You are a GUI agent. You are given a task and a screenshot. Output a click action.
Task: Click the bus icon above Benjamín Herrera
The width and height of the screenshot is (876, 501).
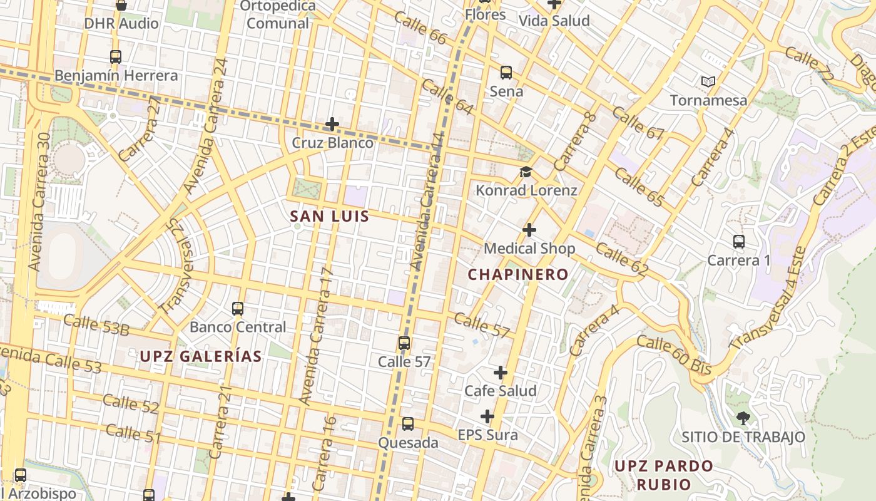coord(115,57)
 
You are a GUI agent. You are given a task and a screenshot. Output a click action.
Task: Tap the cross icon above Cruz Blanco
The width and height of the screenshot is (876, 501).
coord(332,124)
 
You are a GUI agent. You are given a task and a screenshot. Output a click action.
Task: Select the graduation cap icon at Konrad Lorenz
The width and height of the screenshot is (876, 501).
coord(526,172)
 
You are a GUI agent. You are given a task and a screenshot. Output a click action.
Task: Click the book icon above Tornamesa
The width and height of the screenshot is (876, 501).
coord(708,81)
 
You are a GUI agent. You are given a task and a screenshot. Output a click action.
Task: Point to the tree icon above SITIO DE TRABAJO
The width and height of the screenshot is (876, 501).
coord(743,418)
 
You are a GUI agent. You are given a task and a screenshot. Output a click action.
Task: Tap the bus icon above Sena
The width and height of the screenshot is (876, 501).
coord(506,73)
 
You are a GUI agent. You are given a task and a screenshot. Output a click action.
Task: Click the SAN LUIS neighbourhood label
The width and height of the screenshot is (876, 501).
coord(329,217)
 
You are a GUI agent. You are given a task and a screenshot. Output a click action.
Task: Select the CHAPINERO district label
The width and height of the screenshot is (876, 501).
coord(518,274)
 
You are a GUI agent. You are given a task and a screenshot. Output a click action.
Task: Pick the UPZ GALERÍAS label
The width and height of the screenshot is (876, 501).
coord(200,356)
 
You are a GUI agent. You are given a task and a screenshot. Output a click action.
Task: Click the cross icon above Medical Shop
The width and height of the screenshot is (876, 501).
coord(529,230)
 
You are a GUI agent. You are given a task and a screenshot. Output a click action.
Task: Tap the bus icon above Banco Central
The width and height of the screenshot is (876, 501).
coord(238,308)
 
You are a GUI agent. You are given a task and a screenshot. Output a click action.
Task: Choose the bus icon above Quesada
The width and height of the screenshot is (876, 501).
coord(408,424)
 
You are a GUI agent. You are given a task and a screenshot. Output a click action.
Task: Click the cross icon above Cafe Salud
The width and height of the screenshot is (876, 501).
coord(501,373)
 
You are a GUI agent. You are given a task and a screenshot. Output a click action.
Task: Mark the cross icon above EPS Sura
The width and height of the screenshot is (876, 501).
coord(487,416)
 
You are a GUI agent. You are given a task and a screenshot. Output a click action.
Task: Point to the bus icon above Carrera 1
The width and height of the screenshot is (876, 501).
coord(739,241)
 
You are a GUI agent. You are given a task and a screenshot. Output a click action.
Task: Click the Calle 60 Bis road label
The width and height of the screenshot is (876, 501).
coord(674,356)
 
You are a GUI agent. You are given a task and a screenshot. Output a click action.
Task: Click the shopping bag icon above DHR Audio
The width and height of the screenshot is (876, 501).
coord(121,5)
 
